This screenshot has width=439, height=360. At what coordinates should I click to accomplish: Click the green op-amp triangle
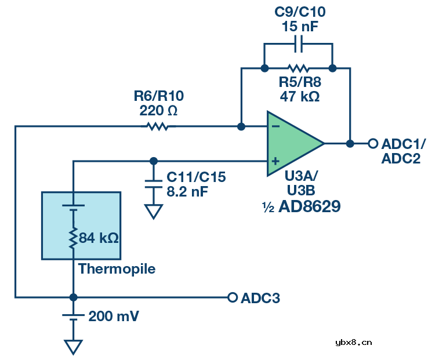click(293, 143)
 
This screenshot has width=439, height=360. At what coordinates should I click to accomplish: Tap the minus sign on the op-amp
click(276, 125)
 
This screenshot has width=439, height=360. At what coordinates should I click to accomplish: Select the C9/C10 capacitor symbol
click(299, 43)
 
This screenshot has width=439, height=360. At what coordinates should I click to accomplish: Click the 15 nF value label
click(299, 27)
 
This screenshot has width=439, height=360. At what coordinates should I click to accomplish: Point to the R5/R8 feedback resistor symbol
click(299, 68)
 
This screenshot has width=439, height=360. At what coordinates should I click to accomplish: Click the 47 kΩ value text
click(299, 97)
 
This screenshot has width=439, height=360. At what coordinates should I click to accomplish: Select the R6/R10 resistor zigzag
click(158, 126)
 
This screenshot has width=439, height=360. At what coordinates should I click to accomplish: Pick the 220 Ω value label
click(158, 110)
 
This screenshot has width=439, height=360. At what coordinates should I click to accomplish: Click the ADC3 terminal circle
click(233, 297)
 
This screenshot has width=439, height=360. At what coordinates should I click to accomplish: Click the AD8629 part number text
click(309, 206)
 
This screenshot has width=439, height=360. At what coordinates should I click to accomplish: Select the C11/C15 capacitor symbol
click(154, 182)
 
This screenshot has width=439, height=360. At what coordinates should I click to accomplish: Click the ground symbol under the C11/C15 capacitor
click(154, 212)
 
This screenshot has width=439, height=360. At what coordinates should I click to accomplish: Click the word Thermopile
click(117, 269)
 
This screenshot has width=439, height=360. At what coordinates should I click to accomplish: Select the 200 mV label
click(114, 317)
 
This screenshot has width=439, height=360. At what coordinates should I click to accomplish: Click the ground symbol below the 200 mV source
click(73, 347)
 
